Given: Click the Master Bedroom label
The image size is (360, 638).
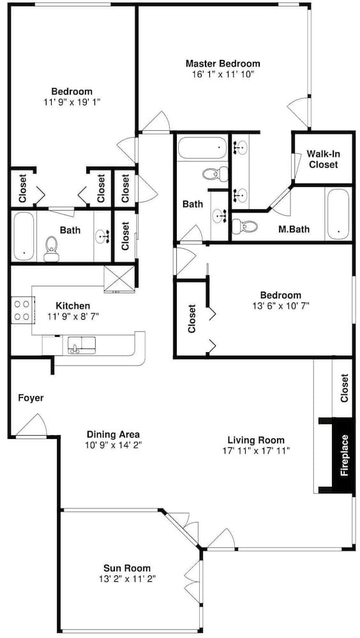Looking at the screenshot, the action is [223, 63].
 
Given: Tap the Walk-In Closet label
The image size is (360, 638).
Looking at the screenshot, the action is [323, 159].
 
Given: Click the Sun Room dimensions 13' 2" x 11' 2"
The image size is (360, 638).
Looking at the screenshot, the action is [126, 579].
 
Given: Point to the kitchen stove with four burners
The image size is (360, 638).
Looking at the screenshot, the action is [22, 311].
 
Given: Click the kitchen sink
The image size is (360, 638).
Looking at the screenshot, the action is [82, 345].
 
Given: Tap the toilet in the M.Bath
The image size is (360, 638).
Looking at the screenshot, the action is [244, 226].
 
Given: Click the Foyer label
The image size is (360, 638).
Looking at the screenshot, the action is [31, 398].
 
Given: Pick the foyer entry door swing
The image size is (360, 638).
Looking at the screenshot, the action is [33, 424].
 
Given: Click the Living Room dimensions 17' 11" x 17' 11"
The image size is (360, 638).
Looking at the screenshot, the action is [256, 450].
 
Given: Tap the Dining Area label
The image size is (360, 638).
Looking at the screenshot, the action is [113, 434].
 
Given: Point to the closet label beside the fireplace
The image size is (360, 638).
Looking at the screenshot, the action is [345, 388].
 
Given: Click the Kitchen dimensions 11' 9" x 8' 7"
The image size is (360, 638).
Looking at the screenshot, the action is [73, 315].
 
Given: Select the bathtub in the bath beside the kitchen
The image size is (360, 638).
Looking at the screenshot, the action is [24, 237].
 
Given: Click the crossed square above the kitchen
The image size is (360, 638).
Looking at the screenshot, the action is [119, 279].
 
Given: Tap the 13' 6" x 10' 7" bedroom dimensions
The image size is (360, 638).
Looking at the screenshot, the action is [281, 305].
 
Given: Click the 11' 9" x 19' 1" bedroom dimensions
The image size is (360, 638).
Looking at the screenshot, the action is [71, 101].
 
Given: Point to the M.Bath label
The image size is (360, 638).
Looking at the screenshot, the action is [294, 229].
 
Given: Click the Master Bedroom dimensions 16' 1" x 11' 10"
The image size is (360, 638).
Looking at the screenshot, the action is [223, 74].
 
